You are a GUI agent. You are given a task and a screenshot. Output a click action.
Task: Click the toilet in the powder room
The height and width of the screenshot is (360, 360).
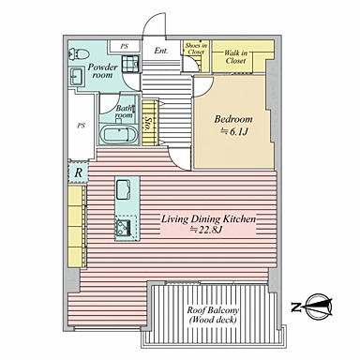pyautogui.click(x=78, y=54)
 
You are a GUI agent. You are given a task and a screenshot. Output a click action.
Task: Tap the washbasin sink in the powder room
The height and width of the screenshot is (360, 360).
pyautogui.click(x=77, y=77)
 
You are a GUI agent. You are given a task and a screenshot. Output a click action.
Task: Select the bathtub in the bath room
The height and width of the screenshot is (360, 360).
pyautogui.click(x=119, y=135)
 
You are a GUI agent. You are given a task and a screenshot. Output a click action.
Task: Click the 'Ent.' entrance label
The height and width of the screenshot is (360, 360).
pyautogui.click(x=161, y=51)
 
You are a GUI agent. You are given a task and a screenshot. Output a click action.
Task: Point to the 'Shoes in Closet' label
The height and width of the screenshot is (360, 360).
pyautogui.click(x=196, y=49)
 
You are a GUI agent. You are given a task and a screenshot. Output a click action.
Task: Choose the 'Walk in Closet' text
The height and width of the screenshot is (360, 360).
pyautogui.click(x=235, y=57)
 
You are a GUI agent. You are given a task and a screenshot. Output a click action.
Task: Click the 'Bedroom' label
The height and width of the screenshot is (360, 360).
pyautogui.click(x=233, y=119)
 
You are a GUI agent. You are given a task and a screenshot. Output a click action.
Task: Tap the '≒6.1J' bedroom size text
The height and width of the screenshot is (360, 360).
pyautogui.click(x=233, y=131)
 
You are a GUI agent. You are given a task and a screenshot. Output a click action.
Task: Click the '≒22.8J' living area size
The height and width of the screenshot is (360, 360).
pyautogui.click(x=206, y=230)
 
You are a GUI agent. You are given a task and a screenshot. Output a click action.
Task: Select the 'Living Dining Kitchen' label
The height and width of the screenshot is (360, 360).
pyautogui.click(x=208, y=218)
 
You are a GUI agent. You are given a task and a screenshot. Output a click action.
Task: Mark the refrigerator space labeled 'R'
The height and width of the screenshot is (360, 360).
pyautogui.click(x=78, y=172)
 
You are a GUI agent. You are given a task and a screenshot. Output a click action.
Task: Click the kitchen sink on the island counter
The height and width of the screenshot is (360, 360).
pyautogui.click(x=124, y=190)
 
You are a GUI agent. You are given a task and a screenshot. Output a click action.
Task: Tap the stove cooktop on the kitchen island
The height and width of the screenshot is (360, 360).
pyautogui.click(x=124, y=227)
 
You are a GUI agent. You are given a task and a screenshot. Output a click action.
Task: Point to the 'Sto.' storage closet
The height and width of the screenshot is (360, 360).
pyautogui.click(x=150, y=123)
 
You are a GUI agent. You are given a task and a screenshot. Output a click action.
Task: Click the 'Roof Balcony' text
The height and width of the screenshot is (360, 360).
pyautogui.click(x=213, y=310)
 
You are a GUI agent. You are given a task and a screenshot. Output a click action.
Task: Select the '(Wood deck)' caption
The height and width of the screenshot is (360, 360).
pyautogui.click(x=213, y=320)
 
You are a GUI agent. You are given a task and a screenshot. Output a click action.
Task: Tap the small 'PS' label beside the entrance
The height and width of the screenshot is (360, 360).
pyautogui.click(x=125, y=47)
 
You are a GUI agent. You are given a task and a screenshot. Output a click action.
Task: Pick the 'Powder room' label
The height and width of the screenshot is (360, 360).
pyautogui.click(x=102, y=70)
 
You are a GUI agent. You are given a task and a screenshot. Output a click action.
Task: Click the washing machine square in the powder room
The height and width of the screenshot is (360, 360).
pyautogui.click(x=130, y=64)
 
